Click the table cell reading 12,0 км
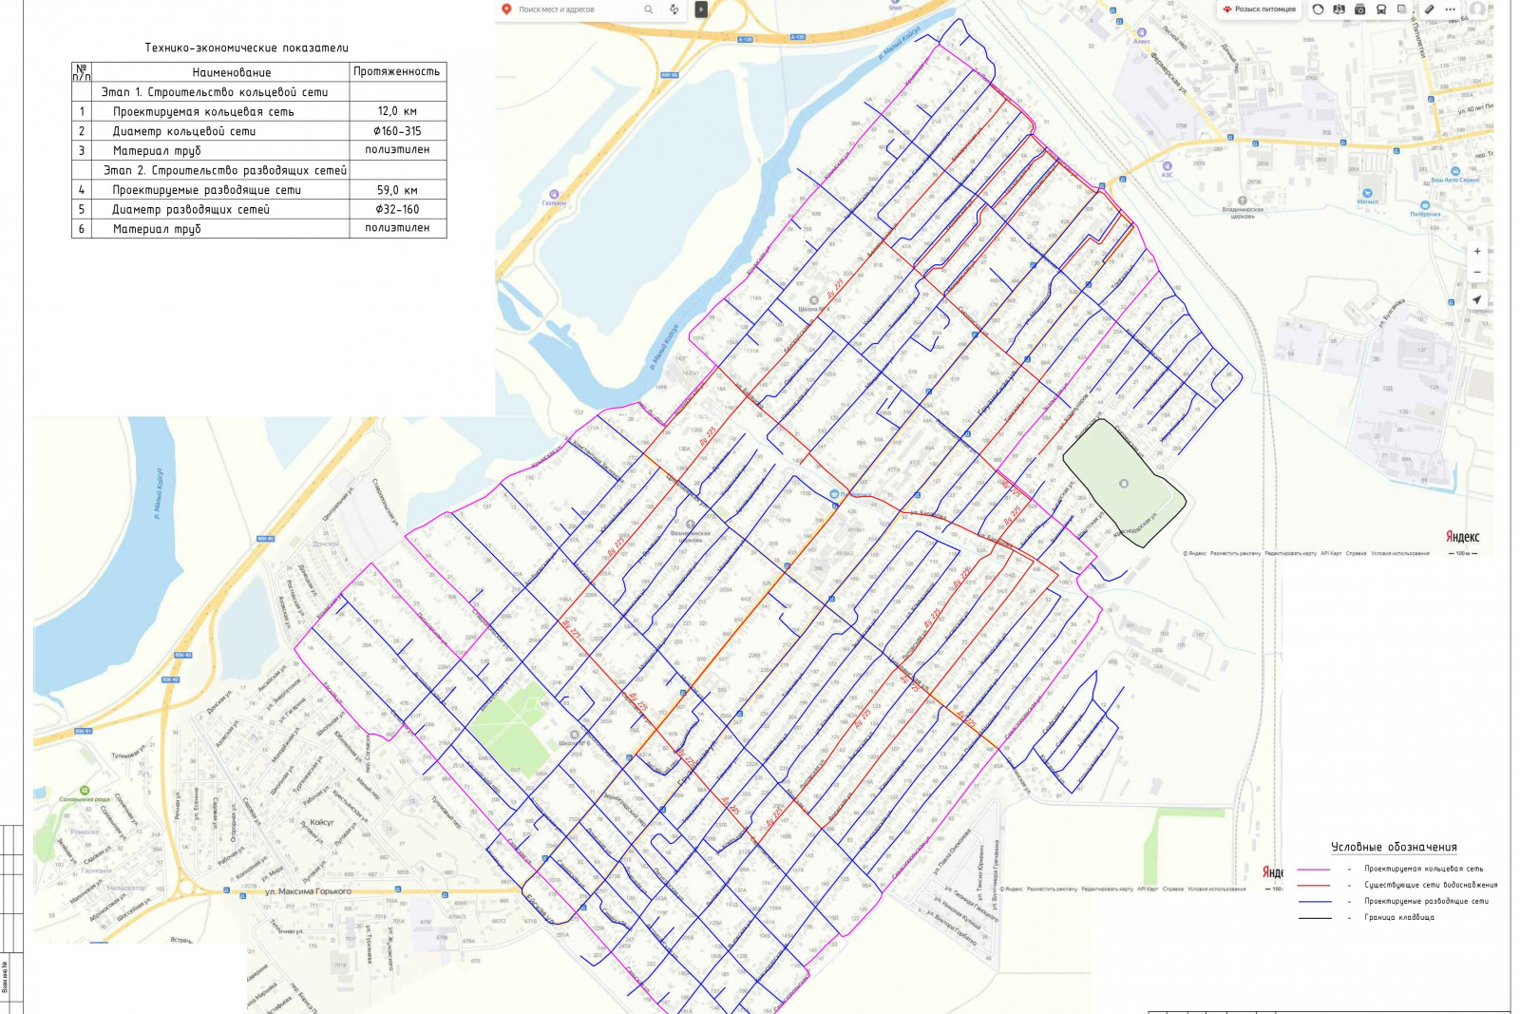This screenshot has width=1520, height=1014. pos(397,111)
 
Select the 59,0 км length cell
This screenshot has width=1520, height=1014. pos(397,190)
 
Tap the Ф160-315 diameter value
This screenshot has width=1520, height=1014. pos(397,131)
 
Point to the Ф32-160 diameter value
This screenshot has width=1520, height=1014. pos(397,209)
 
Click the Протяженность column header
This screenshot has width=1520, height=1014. pos(396,71)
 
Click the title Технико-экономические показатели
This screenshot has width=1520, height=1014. pos(246,48)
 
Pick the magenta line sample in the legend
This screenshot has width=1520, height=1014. pos(1314,870)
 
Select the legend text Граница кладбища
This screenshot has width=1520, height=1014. pos(1399,918)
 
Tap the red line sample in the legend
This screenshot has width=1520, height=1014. pos(1314,886)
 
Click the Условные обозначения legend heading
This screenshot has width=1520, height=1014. pos(1394,847)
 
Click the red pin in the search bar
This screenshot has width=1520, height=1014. pos(506,10)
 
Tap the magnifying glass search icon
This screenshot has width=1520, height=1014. pos(649,10)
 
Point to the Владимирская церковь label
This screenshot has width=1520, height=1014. pos(1243,212)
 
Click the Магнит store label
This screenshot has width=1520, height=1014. pos(1368,201)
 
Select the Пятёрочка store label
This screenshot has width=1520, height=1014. pos(1425,214)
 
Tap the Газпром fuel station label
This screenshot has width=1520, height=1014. pos(554,202)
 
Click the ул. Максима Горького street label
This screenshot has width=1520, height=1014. pos(308,891)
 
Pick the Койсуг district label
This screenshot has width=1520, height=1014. pos(322,822)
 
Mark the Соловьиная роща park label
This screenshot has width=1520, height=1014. pos(85,799)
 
